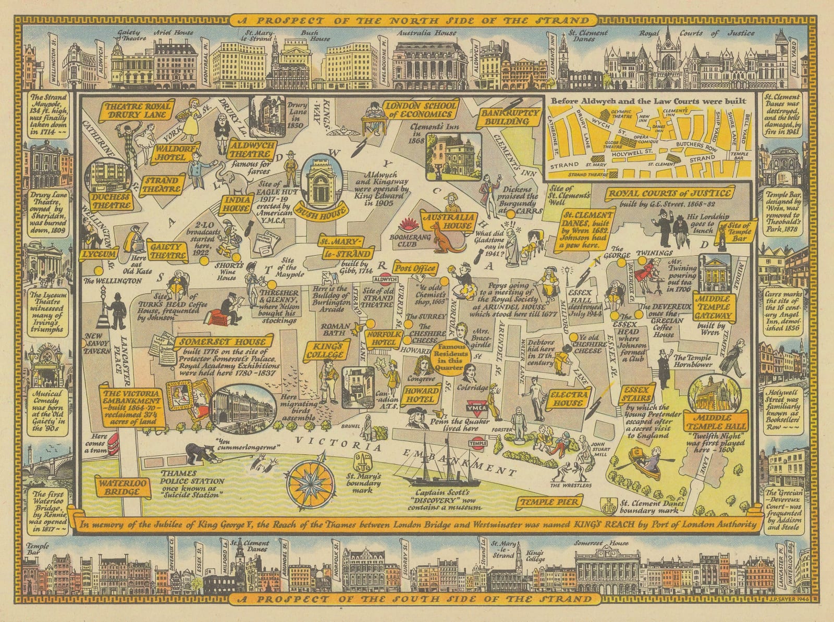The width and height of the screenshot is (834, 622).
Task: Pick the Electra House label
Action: click(568, 399)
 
